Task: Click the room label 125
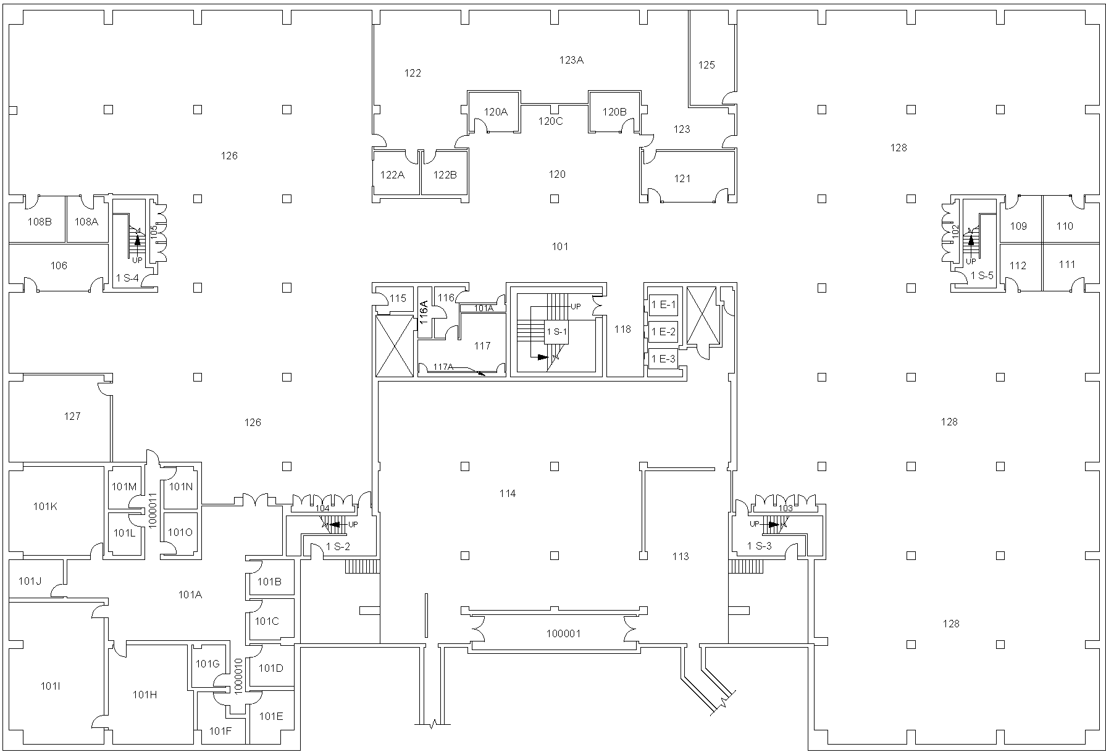pos(706,65)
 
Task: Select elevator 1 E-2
pos(663,332)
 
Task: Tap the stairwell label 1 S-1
pos(556,332)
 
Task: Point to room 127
pos(72,416)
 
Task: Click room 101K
pos(45,506)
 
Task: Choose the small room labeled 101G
pos(207,664)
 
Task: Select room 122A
pos(392,175)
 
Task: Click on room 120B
pos(614,112)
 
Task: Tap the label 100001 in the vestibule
pos(563,633)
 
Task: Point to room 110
pos(1065,226)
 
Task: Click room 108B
pos(40,222)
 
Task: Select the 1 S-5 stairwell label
pos(982,275)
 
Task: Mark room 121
pos(682,178)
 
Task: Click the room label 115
pos(398,298)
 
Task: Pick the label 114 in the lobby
pos(508,493)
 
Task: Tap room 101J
pos(30,580)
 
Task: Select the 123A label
pos(571,60)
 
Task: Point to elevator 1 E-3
pos(663,359)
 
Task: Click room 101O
pos(180,532)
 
